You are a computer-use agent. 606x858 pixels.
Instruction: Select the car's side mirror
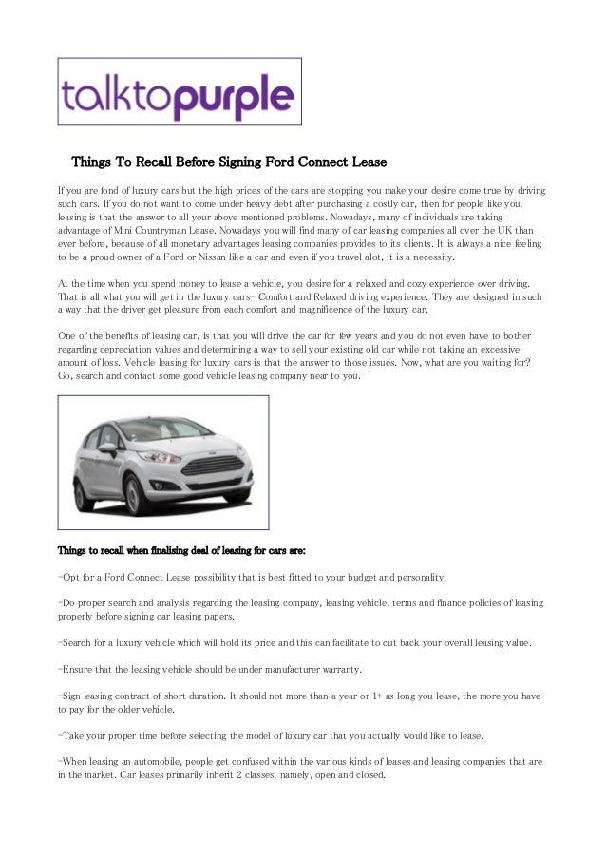107,447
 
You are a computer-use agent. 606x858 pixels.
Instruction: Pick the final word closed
366,774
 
